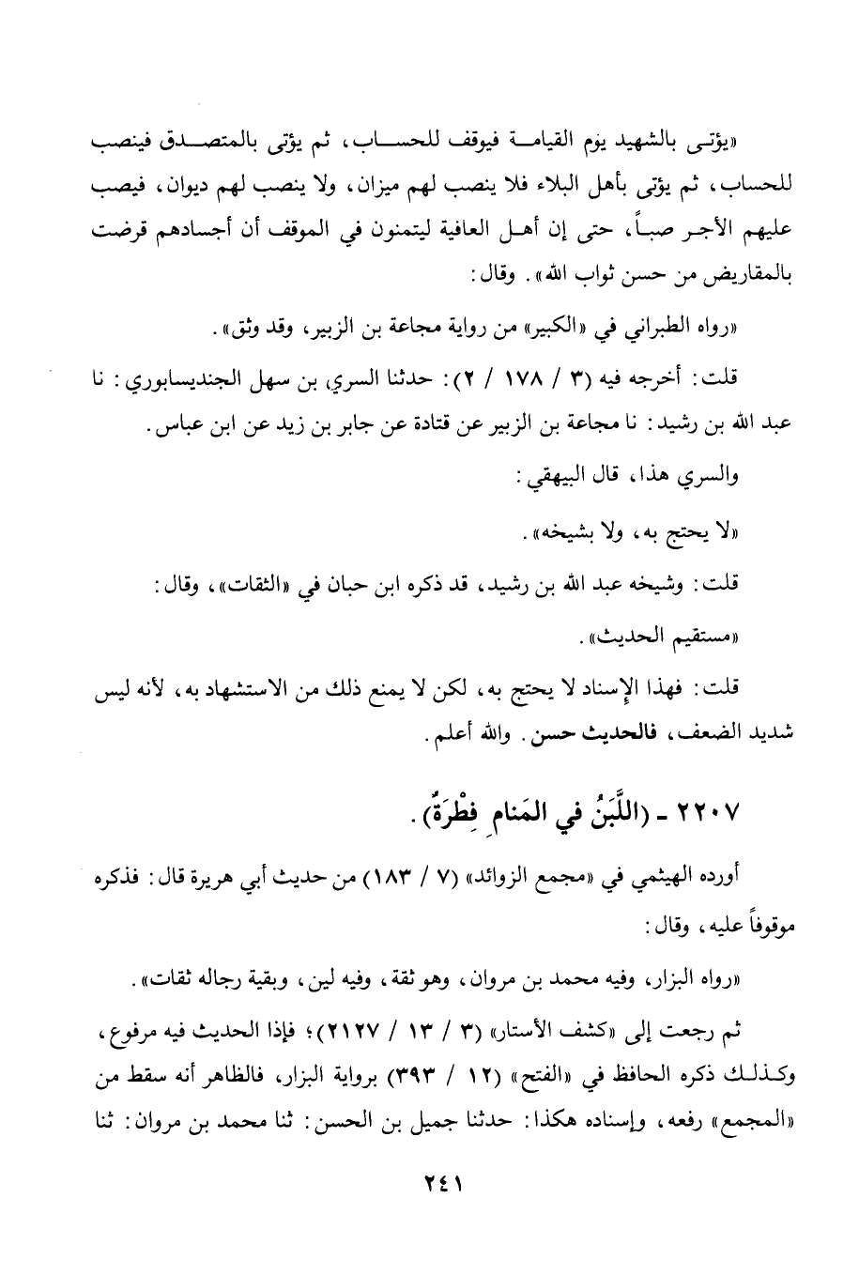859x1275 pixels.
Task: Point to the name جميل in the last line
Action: [x=362, y=1114]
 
